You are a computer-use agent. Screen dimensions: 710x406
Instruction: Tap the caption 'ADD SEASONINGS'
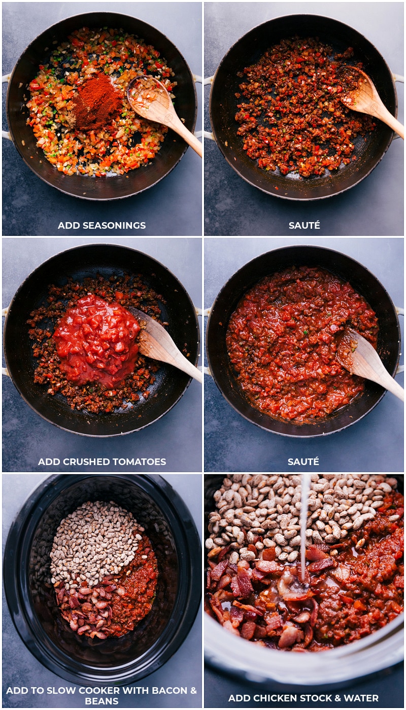coord(101,225)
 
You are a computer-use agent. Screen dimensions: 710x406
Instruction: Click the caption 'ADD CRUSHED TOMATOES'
coord(101,461)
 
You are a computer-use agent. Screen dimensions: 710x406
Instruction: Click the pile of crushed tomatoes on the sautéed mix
coord(96,337)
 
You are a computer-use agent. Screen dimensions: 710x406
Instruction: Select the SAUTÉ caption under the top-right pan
coord(304,225)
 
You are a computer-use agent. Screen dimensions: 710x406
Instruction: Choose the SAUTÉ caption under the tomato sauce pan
coord(304,461)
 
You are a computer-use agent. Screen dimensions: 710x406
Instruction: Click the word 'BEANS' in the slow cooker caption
coord(101,701)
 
